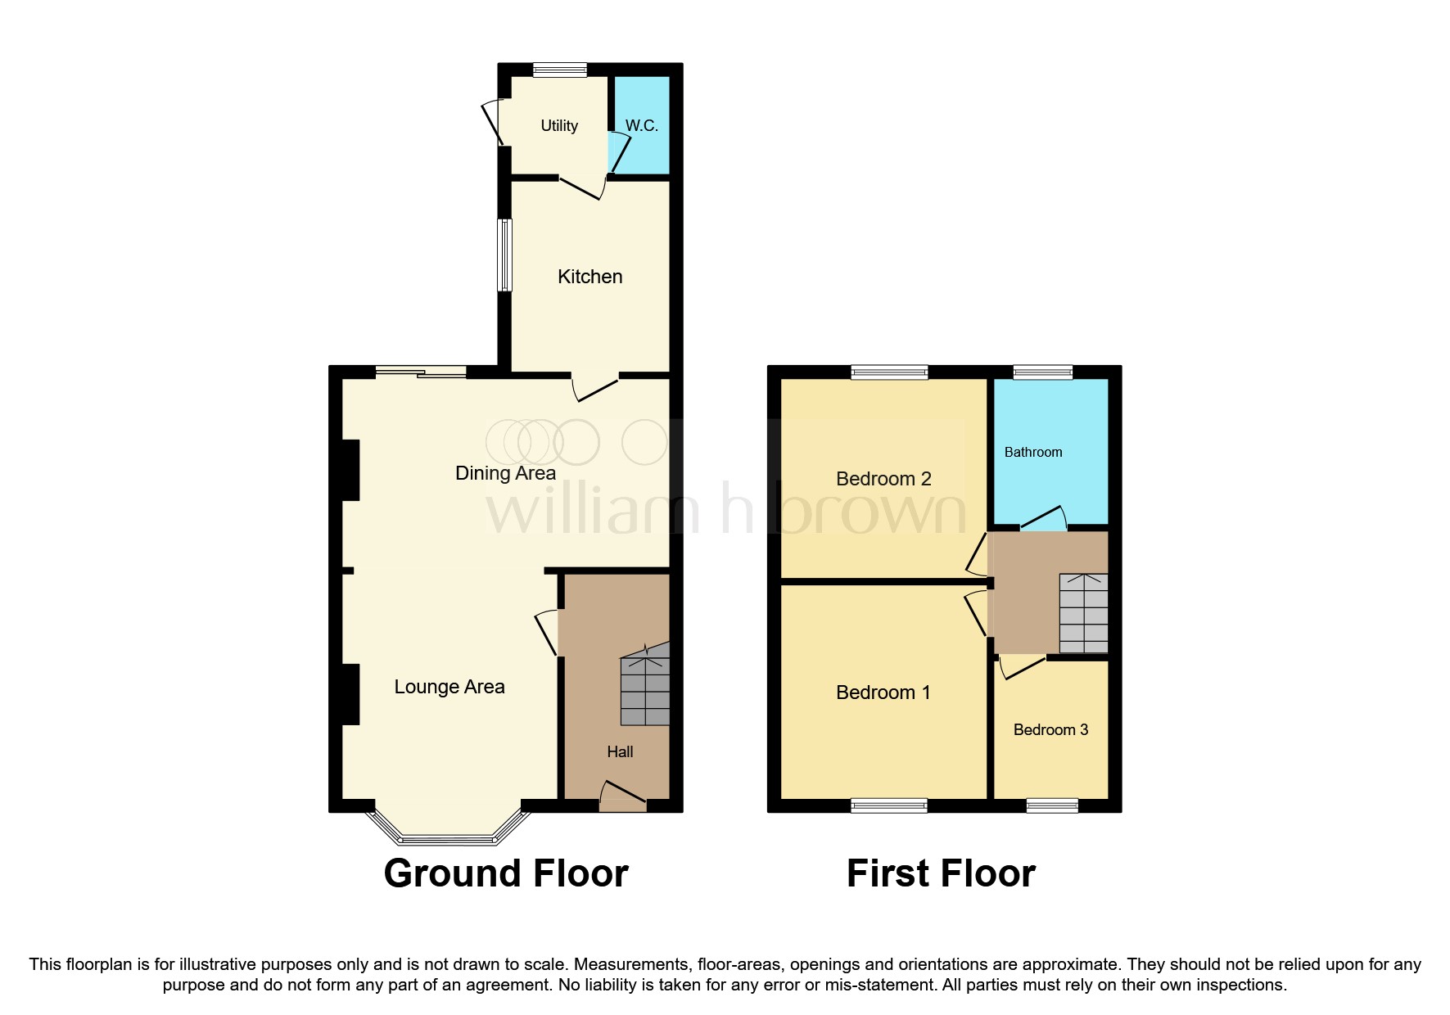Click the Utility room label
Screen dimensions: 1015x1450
(x=559, y=125)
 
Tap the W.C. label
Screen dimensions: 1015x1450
(x=641, y=125)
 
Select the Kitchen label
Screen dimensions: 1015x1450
(x=589, y=277)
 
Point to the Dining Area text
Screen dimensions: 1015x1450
(x=505, y=473)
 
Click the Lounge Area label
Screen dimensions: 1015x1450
(x=449, y=687)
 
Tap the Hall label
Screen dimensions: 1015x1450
(x=620, y=751)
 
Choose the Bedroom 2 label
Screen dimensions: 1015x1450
(x=883, y=479)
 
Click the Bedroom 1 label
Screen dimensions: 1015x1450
(x=883, y=692)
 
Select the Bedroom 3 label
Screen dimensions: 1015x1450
(x=1050, y=729)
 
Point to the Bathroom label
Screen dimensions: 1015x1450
(x=1033, y=452)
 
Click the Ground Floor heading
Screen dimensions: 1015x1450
(x=506, y=873)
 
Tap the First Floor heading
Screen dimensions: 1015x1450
(x=941, y=873)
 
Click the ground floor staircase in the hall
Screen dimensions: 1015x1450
(x=645, y=686)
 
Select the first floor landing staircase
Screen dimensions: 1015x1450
(x=1083, y=613)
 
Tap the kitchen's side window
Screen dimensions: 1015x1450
(x=505, y=255)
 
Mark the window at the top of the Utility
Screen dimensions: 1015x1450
(x=559, y=70)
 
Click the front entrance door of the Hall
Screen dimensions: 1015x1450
(x=623, y=797)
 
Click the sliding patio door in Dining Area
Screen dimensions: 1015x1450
(x=421, y=372)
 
